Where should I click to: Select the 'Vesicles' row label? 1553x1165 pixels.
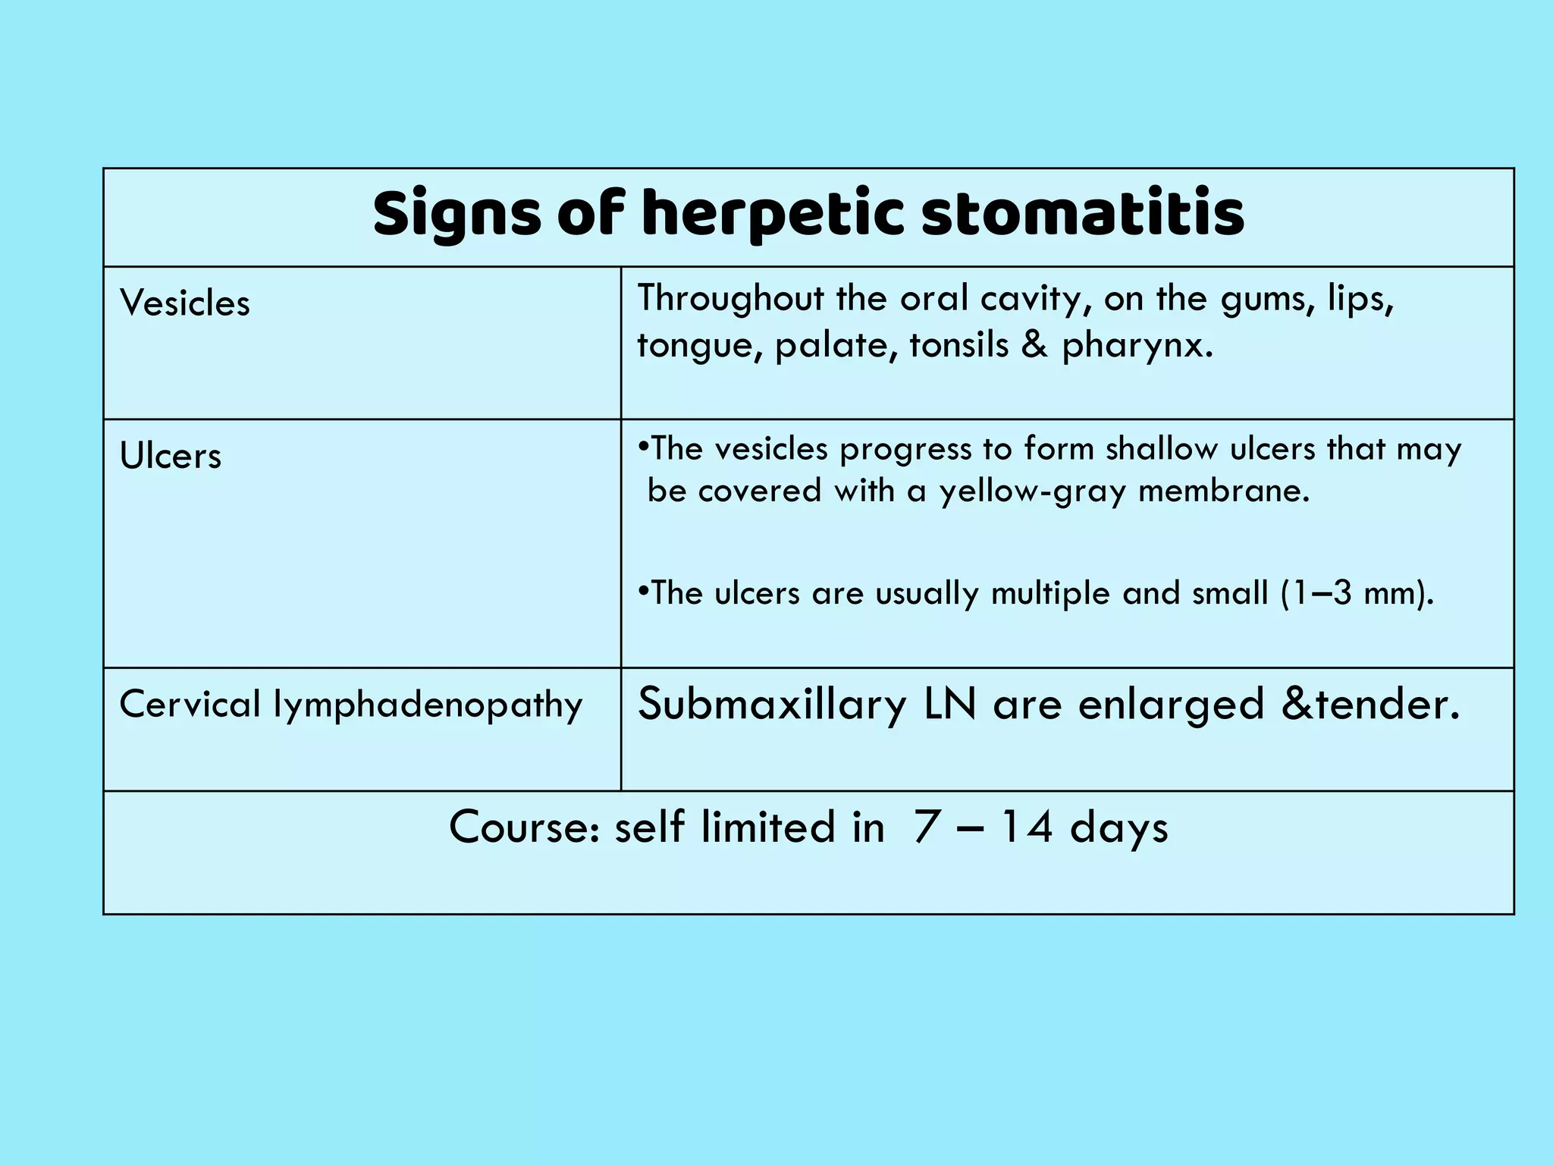184,303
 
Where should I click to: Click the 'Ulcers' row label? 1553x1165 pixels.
171,456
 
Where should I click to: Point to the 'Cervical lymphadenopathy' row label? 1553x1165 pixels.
350,705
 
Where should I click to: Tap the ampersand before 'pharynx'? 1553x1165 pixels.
1034,345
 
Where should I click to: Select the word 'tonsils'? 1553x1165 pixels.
958,345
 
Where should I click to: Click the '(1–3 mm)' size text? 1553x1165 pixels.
1357,593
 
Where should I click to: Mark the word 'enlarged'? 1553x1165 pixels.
1171,705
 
